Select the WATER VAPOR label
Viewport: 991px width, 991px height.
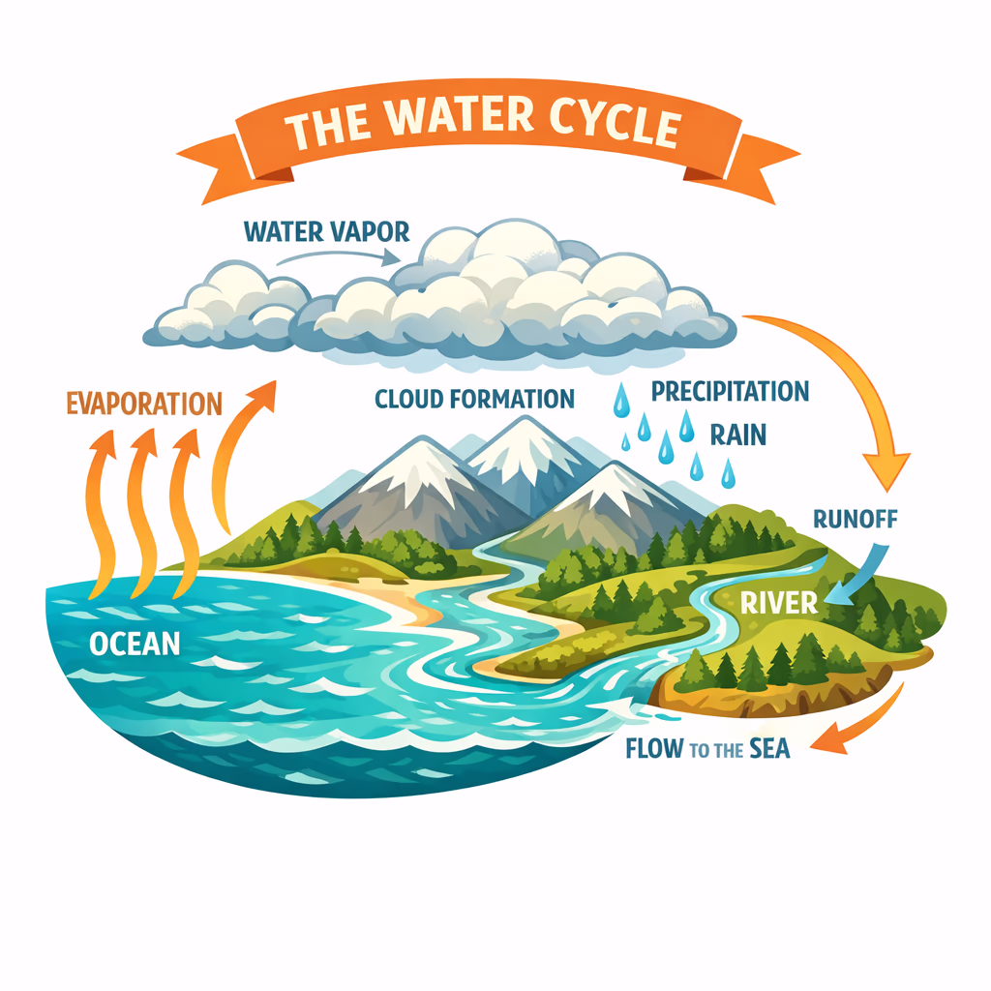326,232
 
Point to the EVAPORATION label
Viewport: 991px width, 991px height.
144,403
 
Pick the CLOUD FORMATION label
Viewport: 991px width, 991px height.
474,398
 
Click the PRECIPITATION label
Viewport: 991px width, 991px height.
730,391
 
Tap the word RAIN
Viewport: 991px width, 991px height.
737,434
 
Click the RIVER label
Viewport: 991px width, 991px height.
779,602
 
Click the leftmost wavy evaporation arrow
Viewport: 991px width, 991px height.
100,513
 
